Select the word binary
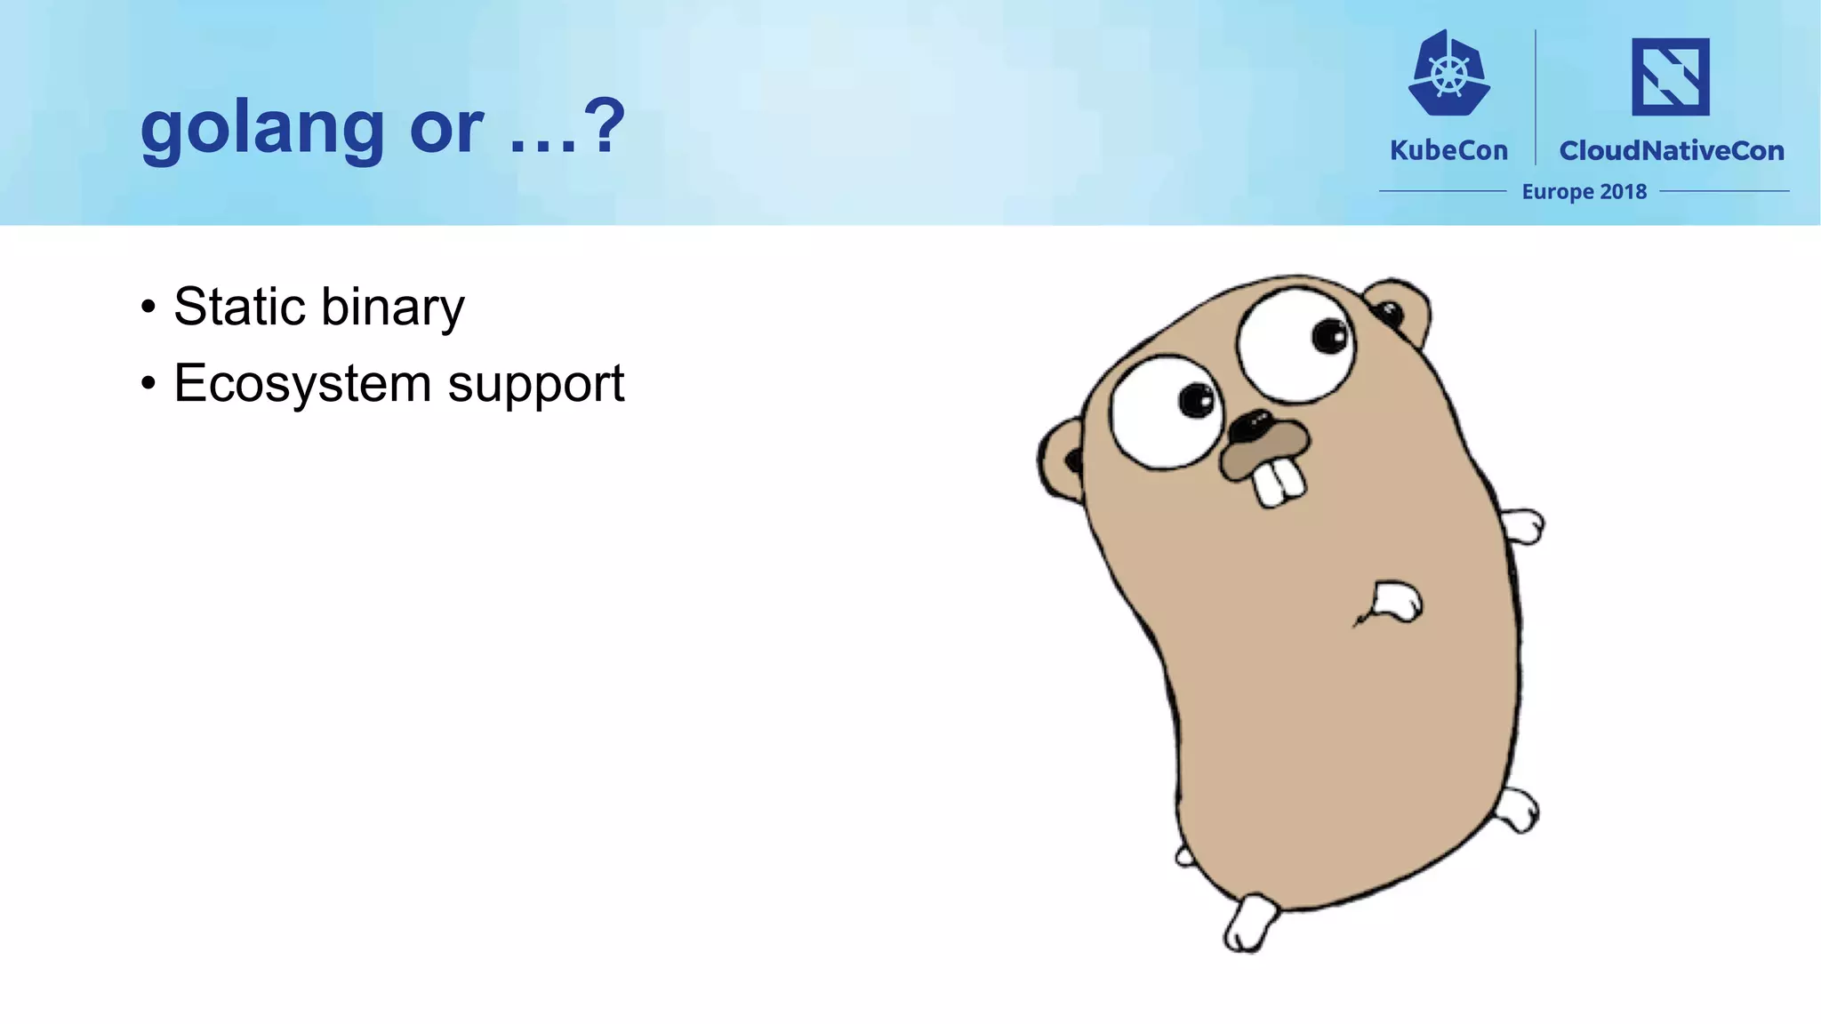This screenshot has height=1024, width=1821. click(392, 308)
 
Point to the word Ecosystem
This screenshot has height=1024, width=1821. click(302, 384)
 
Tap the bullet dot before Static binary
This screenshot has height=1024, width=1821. click(148, 308)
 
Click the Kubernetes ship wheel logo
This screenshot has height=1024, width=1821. click(1449, 75)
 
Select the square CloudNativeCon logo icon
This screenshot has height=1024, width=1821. click(1670, 76)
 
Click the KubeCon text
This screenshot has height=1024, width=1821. click(1448, 150)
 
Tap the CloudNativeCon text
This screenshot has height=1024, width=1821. click(1671, 150)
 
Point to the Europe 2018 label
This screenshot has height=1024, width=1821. click(1584, 191)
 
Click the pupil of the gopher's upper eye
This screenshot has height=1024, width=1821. click(1330, 335)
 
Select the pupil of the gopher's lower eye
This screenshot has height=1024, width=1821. click(1196, 399)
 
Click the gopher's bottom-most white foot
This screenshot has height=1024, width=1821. click(1248, 924)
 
